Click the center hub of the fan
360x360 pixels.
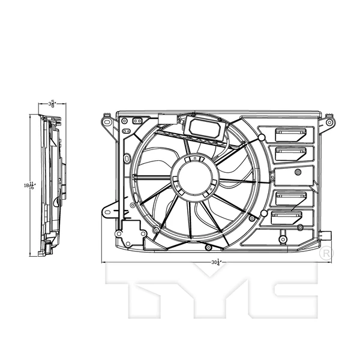pos(193,176)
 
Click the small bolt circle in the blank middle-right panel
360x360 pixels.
pos(298,172)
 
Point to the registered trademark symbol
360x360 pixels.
pos(325,255)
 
